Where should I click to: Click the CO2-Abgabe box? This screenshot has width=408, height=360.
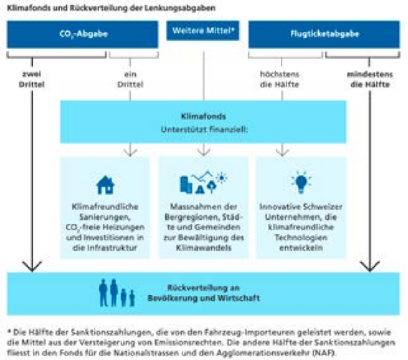(x=83, y=34)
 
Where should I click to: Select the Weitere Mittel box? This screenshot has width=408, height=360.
(x=203, y=31)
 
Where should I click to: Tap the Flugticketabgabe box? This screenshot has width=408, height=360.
(x=324, y=34)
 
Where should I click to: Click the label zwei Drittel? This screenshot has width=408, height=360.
(x=32, y=79)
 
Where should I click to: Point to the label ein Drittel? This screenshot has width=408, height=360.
(x=130, y=79)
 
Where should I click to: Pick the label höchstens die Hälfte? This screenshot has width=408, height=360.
(x=280, y=79)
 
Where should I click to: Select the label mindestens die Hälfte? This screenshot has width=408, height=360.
(x=370, y=79)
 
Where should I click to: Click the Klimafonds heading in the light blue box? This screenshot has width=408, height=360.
(x=203, y=116)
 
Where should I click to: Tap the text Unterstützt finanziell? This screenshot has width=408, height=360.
(x=204, y=130)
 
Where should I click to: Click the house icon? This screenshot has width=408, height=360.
(x=105, y=185)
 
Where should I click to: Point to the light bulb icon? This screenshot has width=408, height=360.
(x=301, y=182)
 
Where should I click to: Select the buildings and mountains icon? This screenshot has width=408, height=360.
(x=204, y=182)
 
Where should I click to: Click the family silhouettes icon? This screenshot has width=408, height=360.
(x=117, y=293)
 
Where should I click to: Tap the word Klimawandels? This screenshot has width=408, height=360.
(x=204, y=248)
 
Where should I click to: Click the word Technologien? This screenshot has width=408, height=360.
(x=301, y=237)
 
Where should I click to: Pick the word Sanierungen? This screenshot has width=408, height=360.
(x=105, y=217)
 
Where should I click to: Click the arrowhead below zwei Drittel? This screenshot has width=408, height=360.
(x=32, y=266)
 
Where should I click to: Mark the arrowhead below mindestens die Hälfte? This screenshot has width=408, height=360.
(x=370, y=266)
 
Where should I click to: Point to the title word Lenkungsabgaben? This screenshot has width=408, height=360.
(x=180, y=8)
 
